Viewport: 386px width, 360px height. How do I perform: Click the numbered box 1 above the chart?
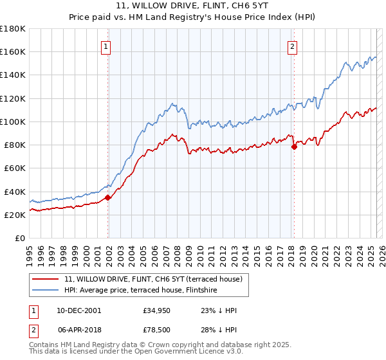pos(105,46)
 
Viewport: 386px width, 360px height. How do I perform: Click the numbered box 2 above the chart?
pos(292,46)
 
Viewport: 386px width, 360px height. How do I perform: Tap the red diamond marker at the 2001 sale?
pos(108,197)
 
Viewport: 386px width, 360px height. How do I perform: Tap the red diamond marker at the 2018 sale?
pos(294,147)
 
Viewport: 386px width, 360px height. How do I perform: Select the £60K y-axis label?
pos(15,168)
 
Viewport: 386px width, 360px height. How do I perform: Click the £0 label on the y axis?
pos(20,238)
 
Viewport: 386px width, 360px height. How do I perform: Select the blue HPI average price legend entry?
pos(140,291)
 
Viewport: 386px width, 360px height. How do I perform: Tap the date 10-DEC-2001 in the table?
pos(78,310)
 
